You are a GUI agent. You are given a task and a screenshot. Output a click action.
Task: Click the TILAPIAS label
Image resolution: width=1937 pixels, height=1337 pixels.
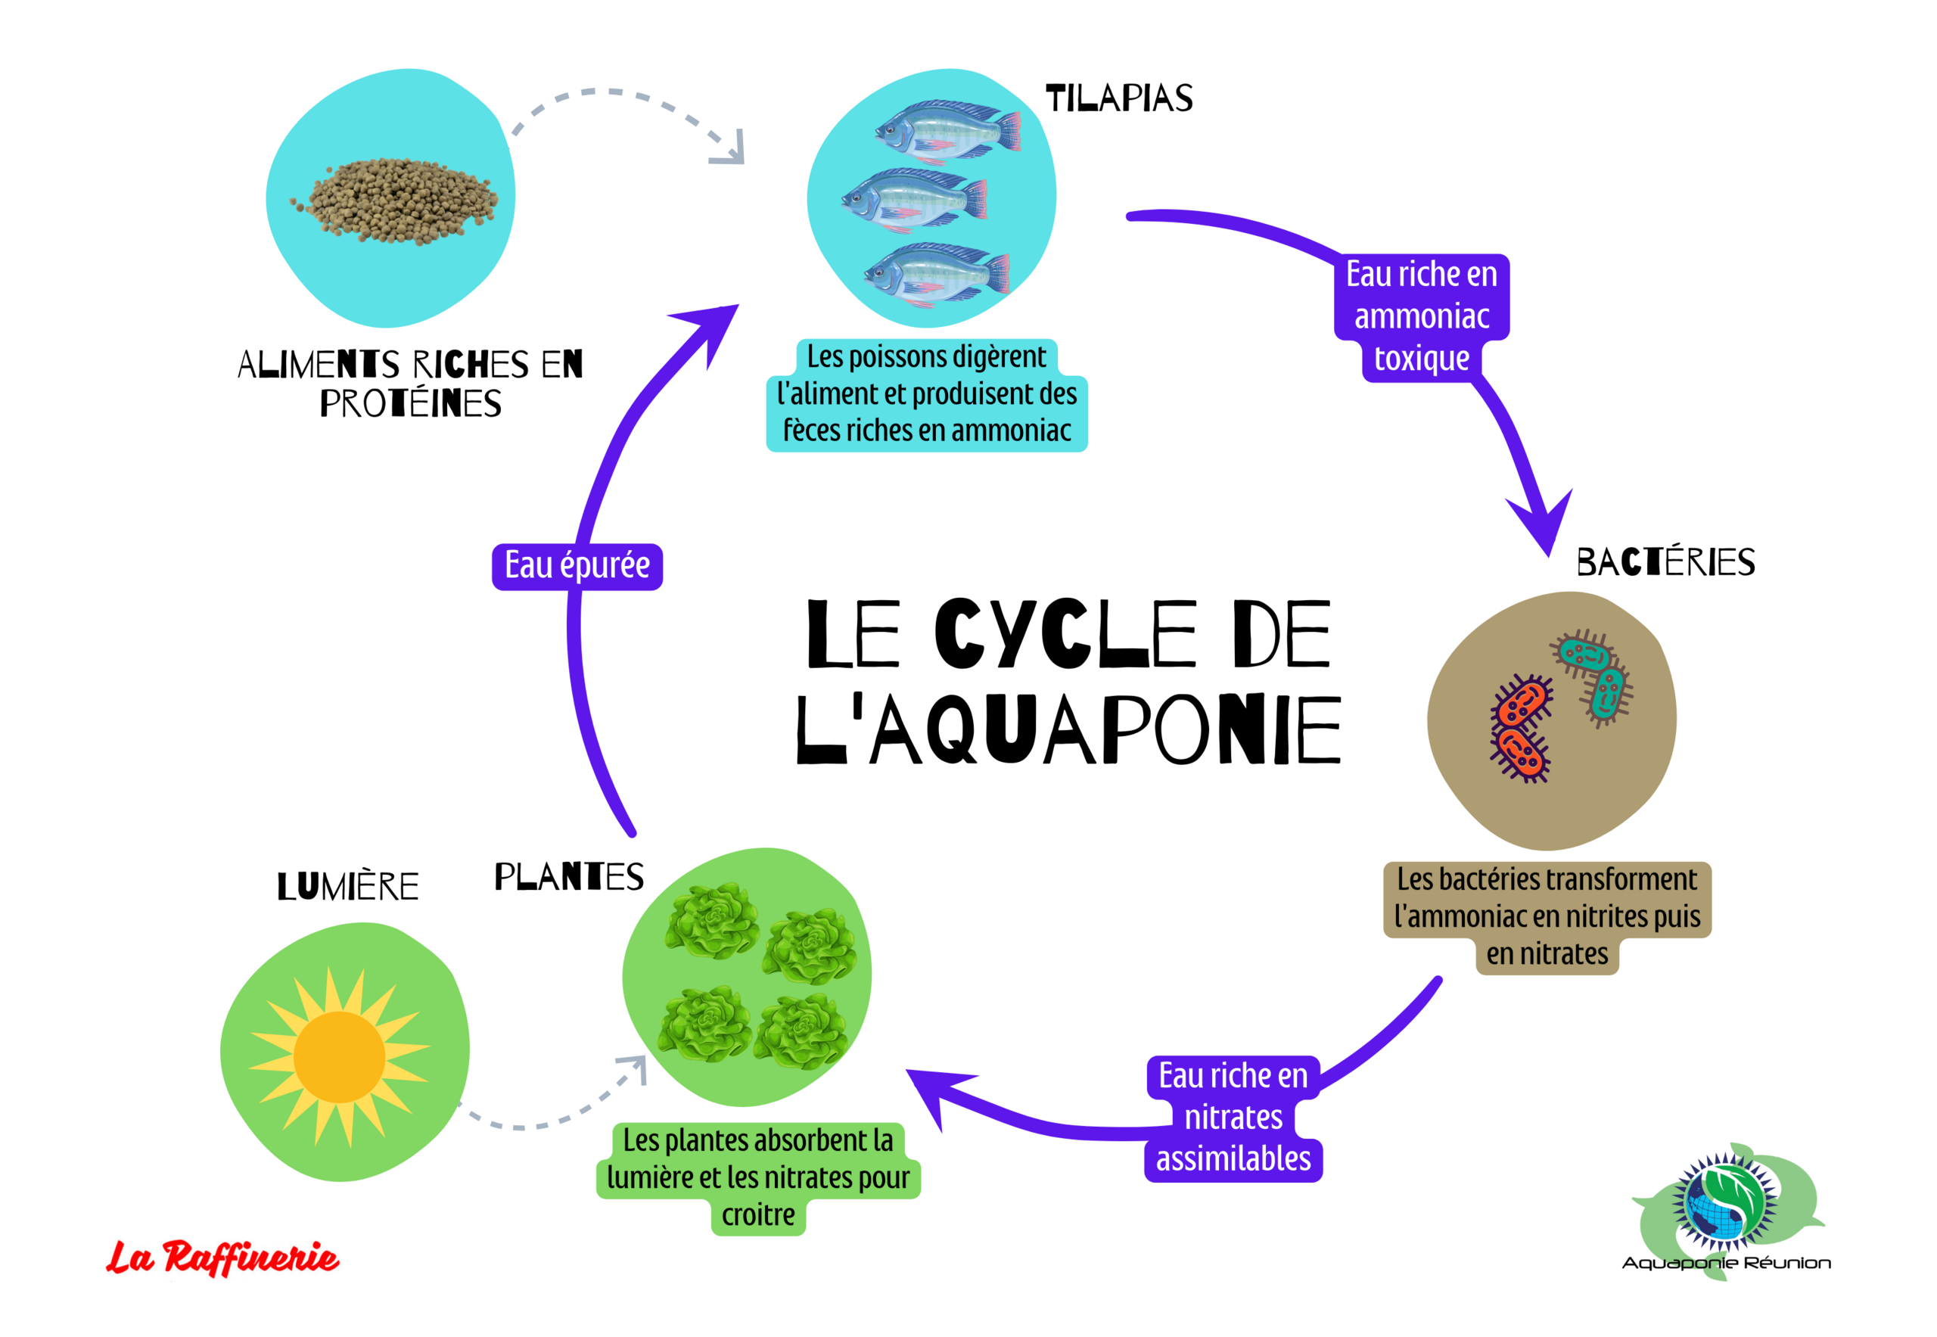coord(1118,99)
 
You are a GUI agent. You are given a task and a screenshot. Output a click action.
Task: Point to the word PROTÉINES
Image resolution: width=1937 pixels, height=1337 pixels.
coord(411,404)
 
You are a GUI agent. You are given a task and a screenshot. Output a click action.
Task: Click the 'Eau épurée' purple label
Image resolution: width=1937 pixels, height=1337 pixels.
coord(577,566)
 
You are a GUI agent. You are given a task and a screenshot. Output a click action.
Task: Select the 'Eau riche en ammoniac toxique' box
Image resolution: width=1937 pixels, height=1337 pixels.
coord(1421,316)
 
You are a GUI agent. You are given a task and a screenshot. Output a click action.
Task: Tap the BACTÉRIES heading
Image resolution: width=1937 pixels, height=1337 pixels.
coord(1665,562)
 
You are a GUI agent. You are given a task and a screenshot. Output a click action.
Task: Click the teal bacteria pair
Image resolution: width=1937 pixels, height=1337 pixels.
coord(1593,675)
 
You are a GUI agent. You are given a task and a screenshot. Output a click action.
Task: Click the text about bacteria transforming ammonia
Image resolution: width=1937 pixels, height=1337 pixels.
coord(1547,916)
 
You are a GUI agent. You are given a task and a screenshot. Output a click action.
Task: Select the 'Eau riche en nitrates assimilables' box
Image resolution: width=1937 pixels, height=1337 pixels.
coord(1233,1118)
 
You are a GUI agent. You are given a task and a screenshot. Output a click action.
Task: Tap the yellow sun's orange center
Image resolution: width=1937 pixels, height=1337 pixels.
coord(339,1056)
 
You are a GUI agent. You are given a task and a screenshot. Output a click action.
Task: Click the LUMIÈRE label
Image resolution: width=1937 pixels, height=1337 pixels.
coord(348,886)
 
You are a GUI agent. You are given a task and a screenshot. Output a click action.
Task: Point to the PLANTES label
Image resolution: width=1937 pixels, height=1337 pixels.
coord(569,877)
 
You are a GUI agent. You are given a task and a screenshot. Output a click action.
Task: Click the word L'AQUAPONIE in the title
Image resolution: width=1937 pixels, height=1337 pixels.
coord(1068,729)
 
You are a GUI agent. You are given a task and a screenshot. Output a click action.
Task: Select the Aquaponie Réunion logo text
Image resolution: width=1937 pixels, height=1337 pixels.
coord(1726,1262)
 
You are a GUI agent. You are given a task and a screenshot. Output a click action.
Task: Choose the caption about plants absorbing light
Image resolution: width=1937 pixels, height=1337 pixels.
coord(758,1177)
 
